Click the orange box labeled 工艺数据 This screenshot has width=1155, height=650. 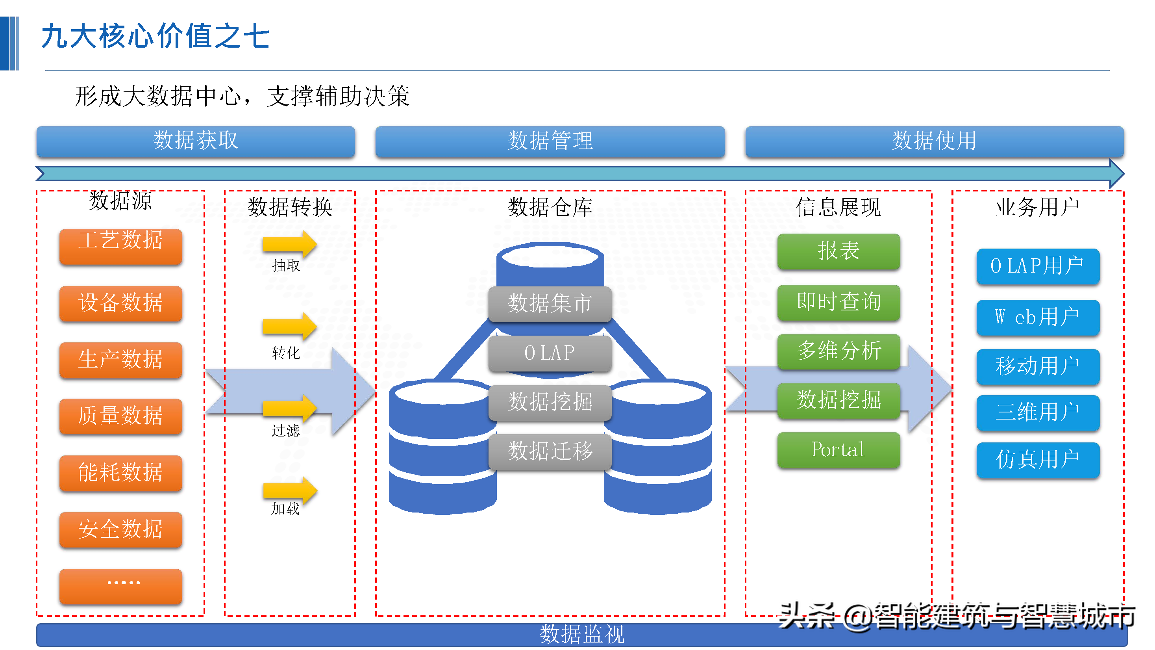tap(120, 246)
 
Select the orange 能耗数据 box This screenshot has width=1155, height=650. tap(120, 473)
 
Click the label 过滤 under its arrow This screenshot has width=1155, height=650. tap(285, 431)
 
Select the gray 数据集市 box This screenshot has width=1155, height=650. tap(550, 304)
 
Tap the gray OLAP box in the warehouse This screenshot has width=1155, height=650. tap(550, 353)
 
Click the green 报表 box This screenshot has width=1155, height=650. tap(838, 251)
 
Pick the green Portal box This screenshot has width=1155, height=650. tap(838, 450)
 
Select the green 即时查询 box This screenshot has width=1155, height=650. tap(838, 302)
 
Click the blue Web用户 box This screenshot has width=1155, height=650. tap(1038, 318)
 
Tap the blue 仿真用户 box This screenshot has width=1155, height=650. tap(1038, 460)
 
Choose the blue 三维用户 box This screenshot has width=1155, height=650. tap(1038, 412)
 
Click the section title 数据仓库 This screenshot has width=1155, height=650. tap(550, 207)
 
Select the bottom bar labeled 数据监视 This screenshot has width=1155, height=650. tap(581, 635)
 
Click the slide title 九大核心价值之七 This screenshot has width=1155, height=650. tap(155, 36)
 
